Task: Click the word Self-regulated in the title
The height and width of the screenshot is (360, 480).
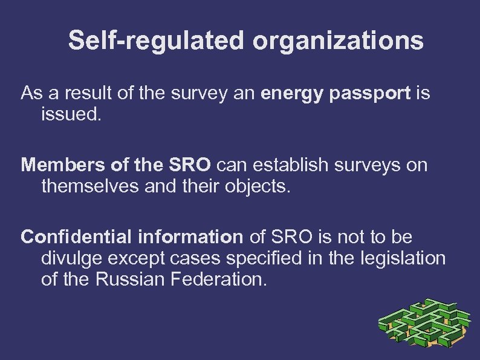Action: click(157, 41)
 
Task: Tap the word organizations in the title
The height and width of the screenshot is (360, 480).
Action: click(338, 41)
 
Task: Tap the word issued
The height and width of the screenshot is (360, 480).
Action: click(69, 114)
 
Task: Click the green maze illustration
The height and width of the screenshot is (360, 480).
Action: click(424, 325)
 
